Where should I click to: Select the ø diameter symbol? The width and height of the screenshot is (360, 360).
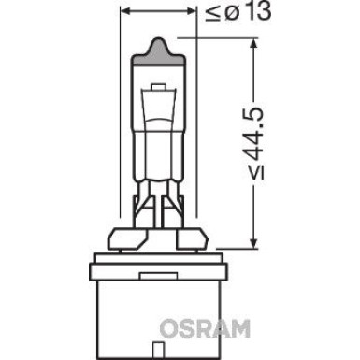(x=219, y=13)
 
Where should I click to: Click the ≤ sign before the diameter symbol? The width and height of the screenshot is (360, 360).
(x=206, y=13)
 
